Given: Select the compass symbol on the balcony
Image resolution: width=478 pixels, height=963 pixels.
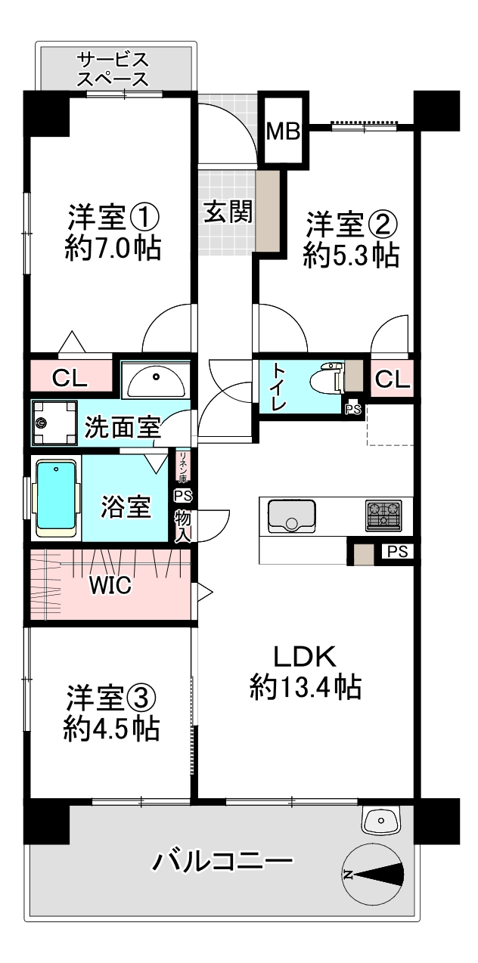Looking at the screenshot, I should click(372, 875).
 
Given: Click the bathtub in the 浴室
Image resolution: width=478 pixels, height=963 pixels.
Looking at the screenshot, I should click(57, 499).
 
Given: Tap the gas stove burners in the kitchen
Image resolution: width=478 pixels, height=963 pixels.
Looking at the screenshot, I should click(384, 515).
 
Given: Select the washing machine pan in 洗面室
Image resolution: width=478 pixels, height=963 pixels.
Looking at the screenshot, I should click(53, 424).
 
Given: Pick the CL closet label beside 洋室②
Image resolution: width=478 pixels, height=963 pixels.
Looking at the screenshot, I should click(392, 380).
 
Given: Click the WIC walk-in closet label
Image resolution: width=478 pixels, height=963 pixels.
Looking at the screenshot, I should click(110, 584).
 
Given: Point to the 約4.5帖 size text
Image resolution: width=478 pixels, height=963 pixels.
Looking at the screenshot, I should click(110, 728).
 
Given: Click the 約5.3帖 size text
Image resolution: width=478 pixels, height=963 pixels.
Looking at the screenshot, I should click(352, 256).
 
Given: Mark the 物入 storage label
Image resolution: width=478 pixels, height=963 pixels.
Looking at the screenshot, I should click(182, 525).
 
